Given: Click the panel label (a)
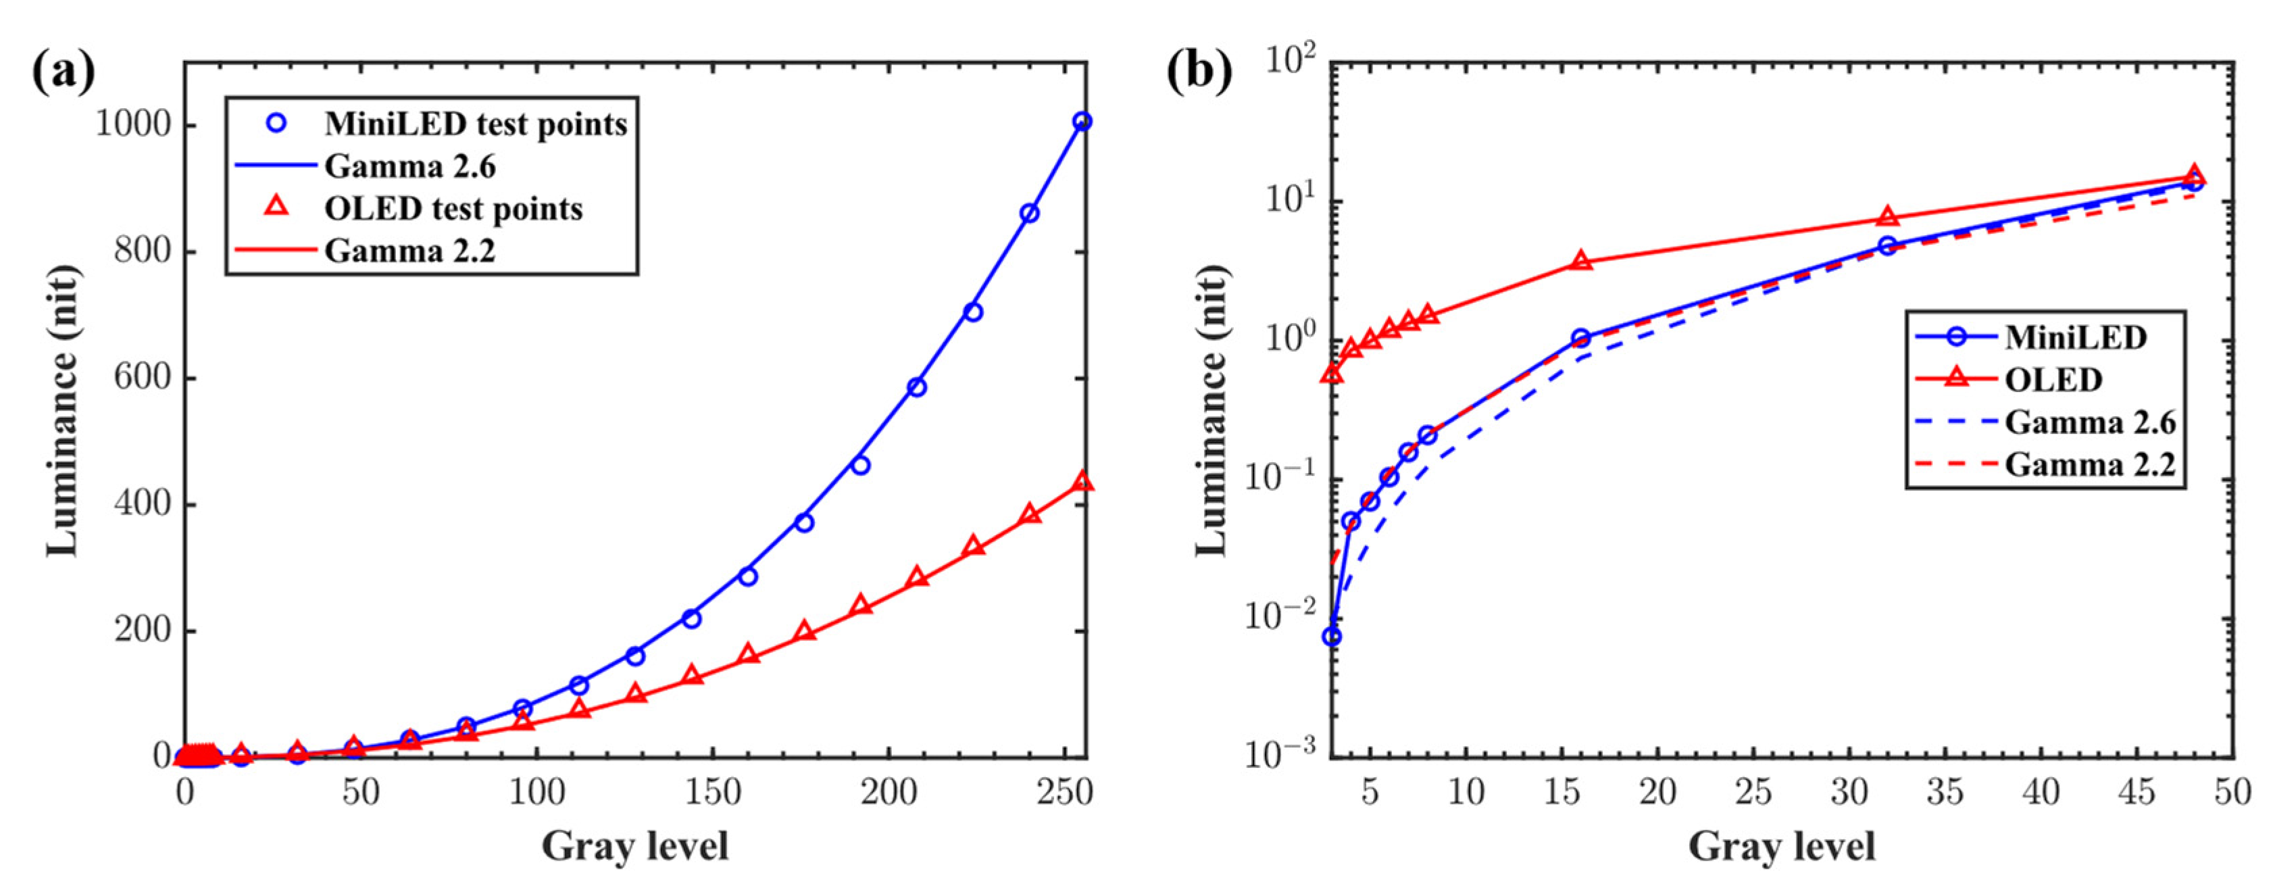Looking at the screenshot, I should click(64, 72).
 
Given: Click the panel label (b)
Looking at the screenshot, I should click(1199, 72).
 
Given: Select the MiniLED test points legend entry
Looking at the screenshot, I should click(475, 124).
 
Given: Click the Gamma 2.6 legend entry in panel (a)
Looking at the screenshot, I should click(409, 166).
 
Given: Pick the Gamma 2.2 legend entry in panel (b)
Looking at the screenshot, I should click(2090, 464).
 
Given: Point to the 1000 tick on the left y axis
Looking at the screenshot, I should click(132, 124).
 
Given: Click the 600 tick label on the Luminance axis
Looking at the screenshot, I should click(141, 378).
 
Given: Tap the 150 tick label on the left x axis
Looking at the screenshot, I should click(711, 792).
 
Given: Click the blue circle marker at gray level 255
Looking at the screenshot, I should click(1082, 121).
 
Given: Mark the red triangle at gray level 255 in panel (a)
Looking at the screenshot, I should click(1082, 482).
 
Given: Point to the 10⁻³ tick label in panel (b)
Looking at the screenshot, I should click(1286, 754).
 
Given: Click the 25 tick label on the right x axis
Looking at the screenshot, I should click(1754, 792).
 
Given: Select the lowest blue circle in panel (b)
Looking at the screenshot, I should click(1332, 637).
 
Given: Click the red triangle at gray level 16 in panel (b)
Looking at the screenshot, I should click(1582, 262).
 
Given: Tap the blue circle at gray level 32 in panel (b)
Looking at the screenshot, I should click(1887, 245).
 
